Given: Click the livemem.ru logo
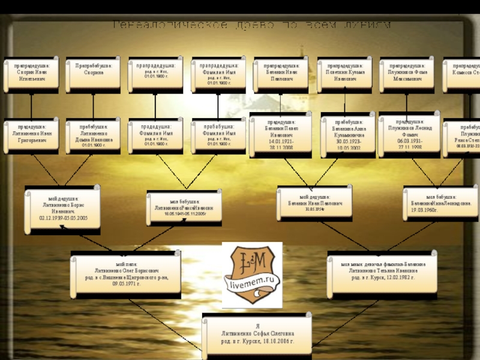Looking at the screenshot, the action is [x=251, y=275].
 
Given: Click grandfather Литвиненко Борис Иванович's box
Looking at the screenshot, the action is [x=62, y=209].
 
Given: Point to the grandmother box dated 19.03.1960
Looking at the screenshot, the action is [x=440, y=203].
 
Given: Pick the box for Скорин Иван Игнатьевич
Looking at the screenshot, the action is [x=31, y=74].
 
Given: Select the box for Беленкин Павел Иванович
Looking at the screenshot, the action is [x=280, y=134].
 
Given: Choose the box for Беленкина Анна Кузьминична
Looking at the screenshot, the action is [x=347, y=134].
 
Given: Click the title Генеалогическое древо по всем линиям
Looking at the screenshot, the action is [x=252, y=26].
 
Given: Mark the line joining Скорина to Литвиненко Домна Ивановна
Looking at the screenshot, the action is [x=93, y=104].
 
